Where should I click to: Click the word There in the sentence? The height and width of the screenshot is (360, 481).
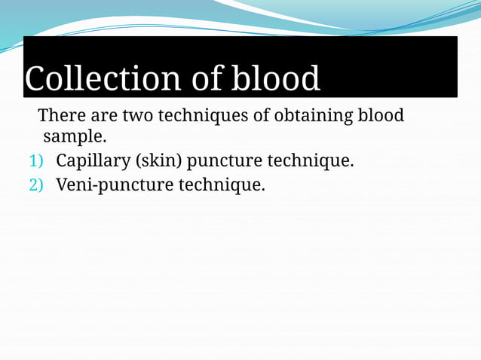tap(60, 116)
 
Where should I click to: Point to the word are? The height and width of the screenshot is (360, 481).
tap(103, 116)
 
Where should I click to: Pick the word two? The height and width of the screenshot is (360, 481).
tap(137, 116)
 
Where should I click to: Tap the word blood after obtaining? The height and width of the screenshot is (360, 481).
tap(380, 116)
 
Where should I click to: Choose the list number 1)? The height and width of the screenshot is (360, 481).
tap(37, 161)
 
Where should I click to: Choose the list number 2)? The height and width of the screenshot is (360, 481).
tap(37, 185)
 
